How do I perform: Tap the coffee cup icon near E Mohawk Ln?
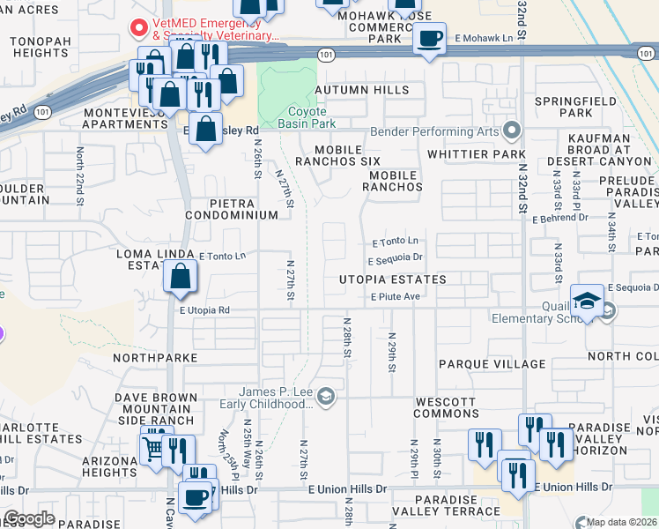coord(429,40)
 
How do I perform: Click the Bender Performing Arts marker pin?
coord(511,132)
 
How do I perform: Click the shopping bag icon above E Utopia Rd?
coord(180,277)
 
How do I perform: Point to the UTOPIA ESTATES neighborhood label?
coord(393,279)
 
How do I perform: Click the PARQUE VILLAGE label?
coord(492,364)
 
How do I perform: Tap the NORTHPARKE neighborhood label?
coord(156,359)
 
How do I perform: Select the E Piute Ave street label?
coord(395,297)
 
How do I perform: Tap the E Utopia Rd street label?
coord(204,310)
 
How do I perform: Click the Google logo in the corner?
coord(29,518)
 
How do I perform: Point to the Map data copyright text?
coord(620,522)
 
